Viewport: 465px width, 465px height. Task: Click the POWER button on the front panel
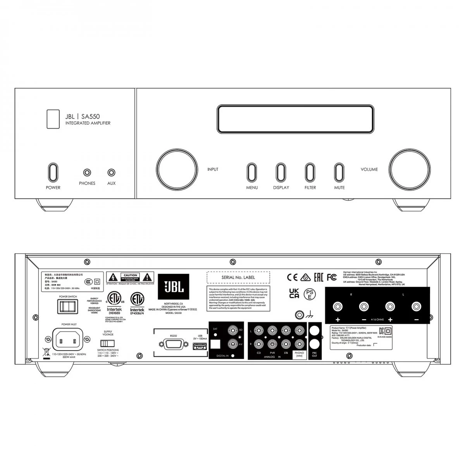53,172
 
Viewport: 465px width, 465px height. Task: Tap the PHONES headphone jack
87,172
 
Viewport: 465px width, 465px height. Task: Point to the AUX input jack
112,172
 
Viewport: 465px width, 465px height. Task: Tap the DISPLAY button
281,172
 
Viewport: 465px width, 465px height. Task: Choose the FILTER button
310,172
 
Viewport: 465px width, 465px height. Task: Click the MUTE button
339,172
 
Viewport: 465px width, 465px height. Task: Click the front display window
295,119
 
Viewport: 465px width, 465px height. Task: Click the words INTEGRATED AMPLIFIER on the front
88,123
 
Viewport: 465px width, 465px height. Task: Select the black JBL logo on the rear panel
173,286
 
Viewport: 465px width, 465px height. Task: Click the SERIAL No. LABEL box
238,277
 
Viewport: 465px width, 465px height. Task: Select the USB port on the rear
200,346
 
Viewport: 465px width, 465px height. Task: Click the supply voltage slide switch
107,343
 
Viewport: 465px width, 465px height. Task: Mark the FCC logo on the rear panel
332,277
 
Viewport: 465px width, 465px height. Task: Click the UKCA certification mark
294,293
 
